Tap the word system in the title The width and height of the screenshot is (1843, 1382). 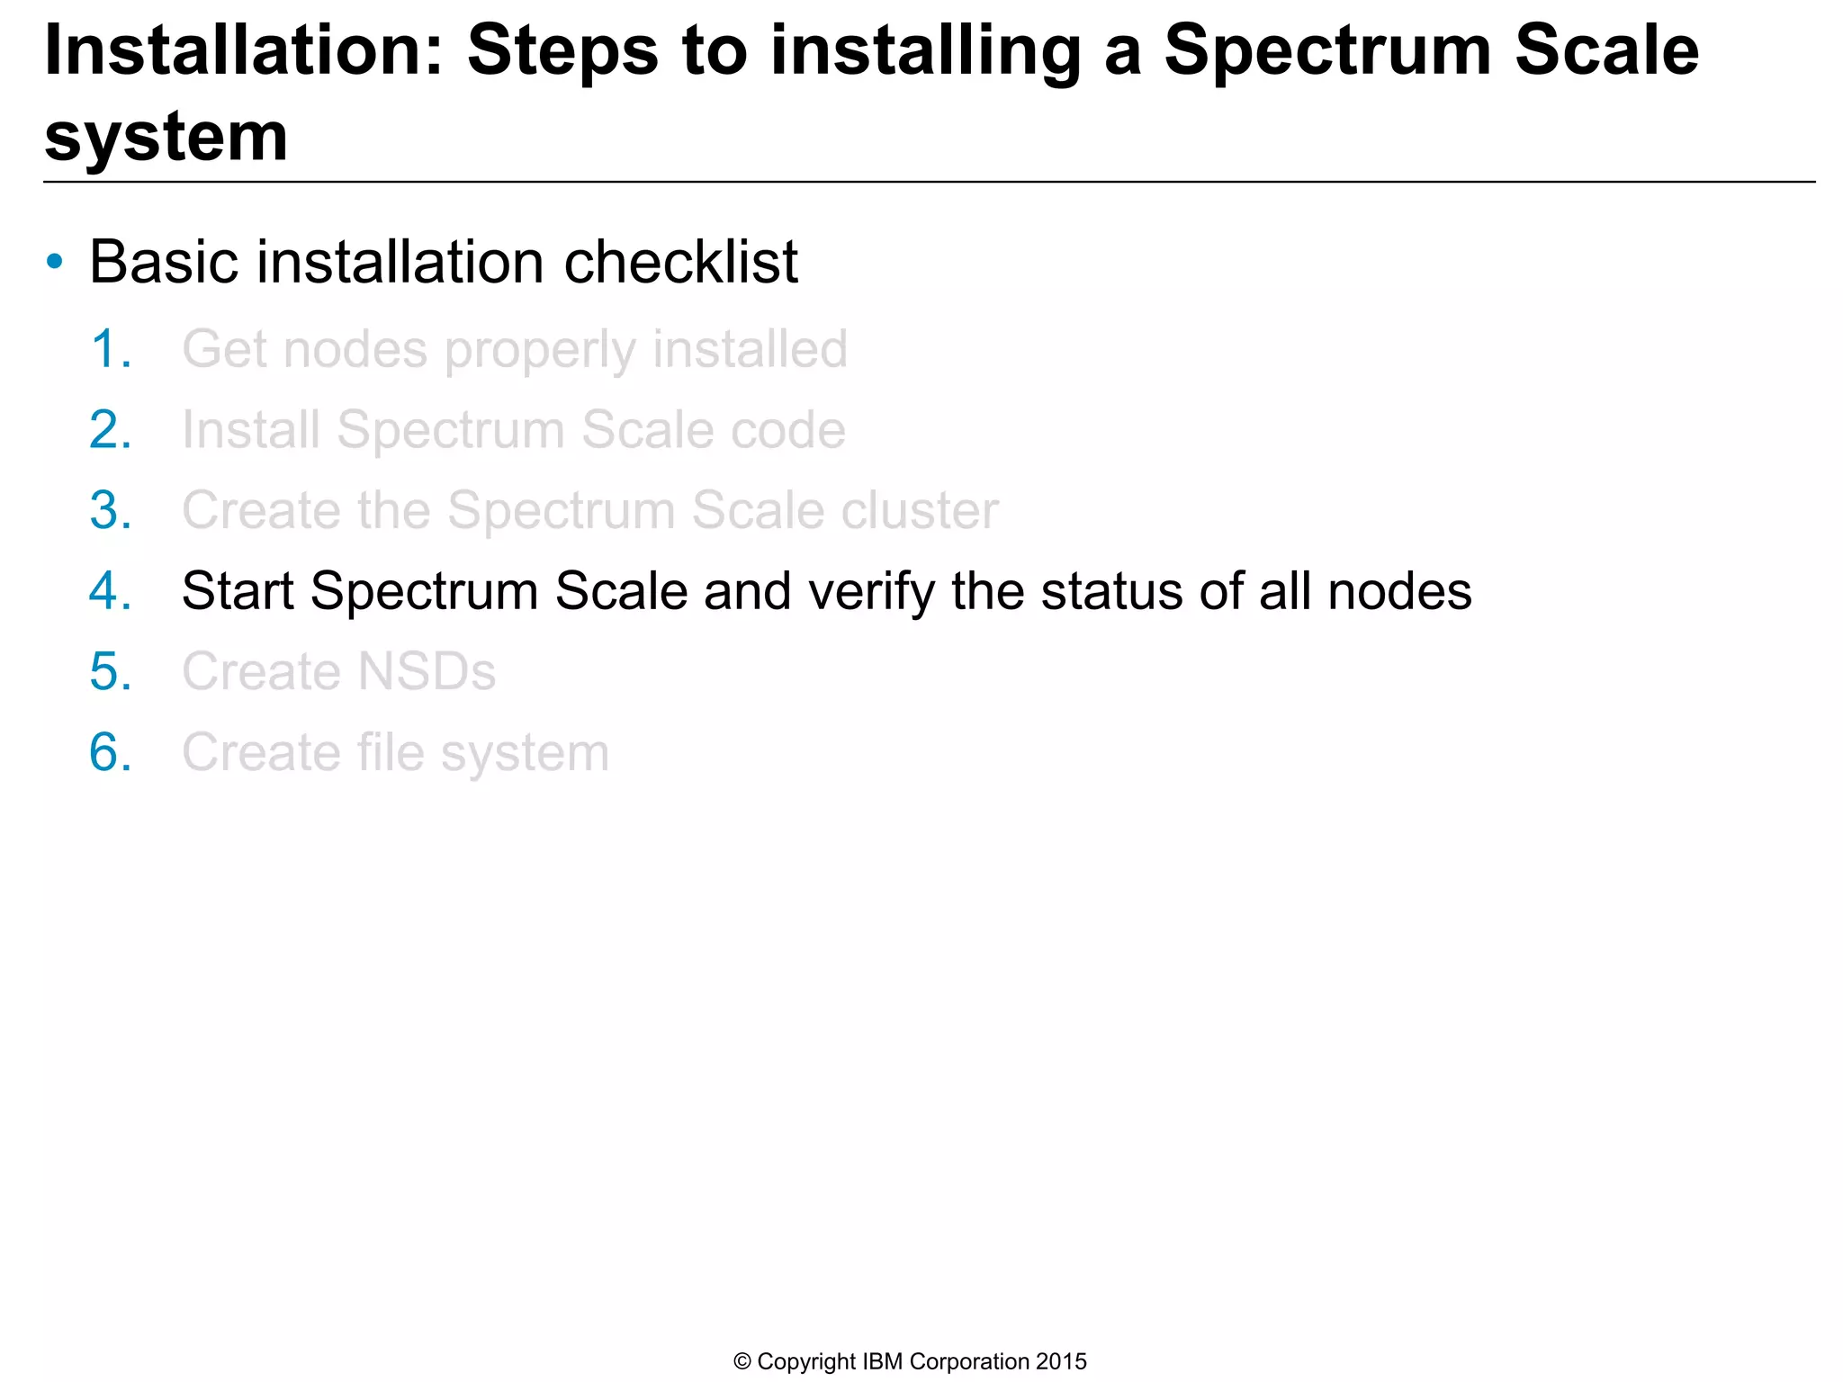click(166, 138)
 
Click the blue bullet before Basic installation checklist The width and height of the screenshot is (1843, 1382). click(55, 263)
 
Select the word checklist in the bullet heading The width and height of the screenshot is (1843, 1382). click(680, 263)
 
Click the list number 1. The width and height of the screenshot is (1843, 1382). click(111, 349)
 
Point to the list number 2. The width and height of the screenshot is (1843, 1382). click(111, 430)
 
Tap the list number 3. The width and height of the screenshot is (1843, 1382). click(111, 511)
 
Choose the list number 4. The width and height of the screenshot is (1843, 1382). click(111, 592)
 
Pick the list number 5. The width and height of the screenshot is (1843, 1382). click(111, 672)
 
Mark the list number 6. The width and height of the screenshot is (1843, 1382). click(111, 753)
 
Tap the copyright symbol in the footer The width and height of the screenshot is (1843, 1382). click(742, 1362)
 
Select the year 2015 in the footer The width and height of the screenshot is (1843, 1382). click(1061, 1362)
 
